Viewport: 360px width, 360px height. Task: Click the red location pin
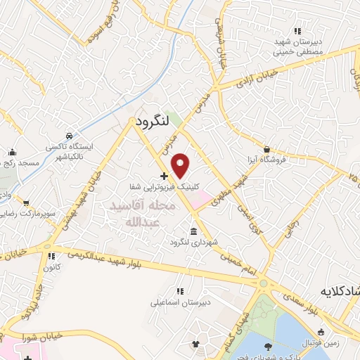[181, 165]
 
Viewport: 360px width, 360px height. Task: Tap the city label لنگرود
[150, 121]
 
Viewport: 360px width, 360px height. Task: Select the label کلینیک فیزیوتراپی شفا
[161, 187]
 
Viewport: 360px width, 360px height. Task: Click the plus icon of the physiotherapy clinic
[164, 176]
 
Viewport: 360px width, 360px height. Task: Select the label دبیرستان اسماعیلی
[176, 303]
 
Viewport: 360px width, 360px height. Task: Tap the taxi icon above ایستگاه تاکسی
[68, 136]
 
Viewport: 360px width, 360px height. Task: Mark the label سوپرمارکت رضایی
[28, 212]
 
